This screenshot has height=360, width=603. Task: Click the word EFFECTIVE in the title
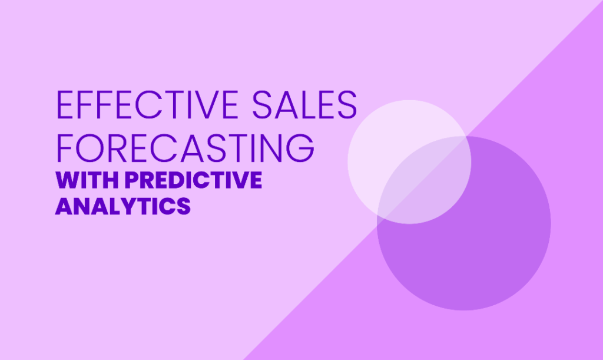147,105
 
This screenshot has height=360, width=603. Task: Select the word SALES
304,105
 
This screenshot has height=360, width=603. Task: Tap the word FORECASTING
185,148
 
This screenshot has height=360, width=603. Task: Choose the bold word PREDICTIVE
193,180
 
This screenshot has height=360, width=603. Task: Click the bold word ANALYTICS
123,206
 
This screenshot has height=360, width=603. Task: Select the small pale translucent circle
409,162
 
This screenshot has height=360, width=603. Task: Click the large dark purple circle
464,223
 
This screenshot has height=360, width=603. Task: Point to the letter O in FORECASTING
90,148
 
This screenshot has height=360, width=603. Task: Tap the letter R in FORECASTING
119,148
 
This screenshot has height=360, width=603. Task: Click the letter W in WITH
68,180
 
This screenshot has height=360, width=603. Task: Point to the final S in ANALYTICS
184,206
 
